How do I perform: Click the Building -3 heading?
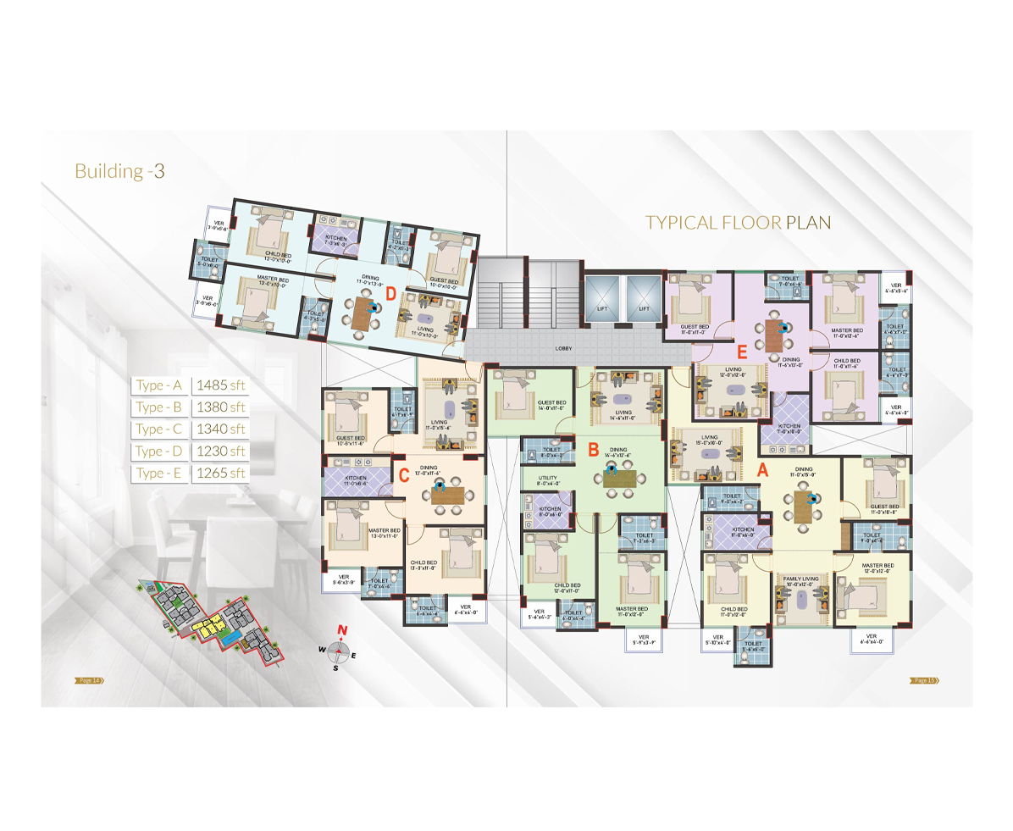tap(119, 170)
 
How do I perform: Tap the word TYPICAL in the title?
tap(682, 223)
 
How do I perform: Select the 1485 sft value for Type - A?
tap(220, 385)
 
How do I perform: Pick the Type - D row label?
tap(161, 451)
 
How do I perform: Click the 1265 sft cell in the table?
tap(220, 473)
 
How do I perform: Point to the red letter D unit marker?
tap(390, 294)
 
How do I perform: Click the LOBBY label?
tap(564, 348)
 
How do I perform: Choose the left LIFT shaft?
tap(602, 297)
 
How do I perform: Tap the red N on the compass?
tap(341, 629)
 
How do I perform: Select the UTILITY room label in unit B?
tap(550, 479)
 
